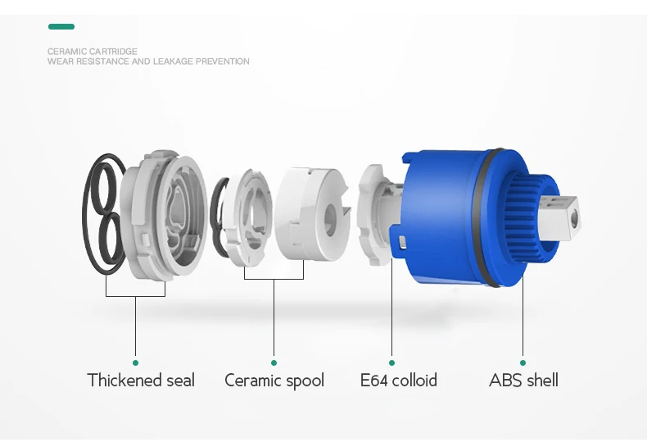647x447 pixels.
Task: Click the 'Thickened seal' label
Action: coord(141,381)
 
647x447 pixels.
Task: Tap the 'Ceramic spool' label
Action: coord(274,381)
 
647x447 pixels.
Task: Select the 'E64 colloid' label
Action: coord(398,381)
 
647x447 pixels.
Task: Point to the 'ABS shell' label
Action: coord(523,381)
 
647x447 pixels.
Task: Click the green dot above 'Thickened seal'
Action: coord(135,362)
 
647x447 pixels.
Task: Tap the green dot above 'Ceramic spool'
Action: coord(274,362)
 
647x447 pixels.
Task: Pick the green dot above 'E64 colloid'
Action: coord(391,362)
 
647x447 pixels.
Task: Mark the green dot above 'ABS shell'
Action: coord(523,362)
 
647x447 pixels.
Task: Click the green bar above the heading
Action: coord(61,27)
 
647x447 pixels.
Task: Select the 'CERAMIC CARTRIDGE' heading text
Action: coord(93,52)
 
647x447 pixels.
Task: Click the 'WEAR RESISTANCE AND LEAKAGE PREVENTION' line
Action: coord(148,62)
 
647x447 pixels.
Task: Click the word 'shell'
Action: coord(541,381)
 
